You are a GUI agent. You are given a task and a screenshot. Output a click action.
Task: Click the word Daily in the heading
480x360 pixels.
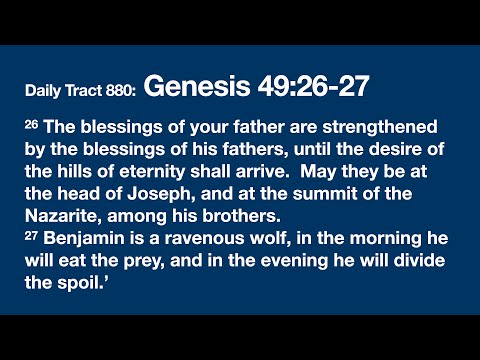click(44, 91)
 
